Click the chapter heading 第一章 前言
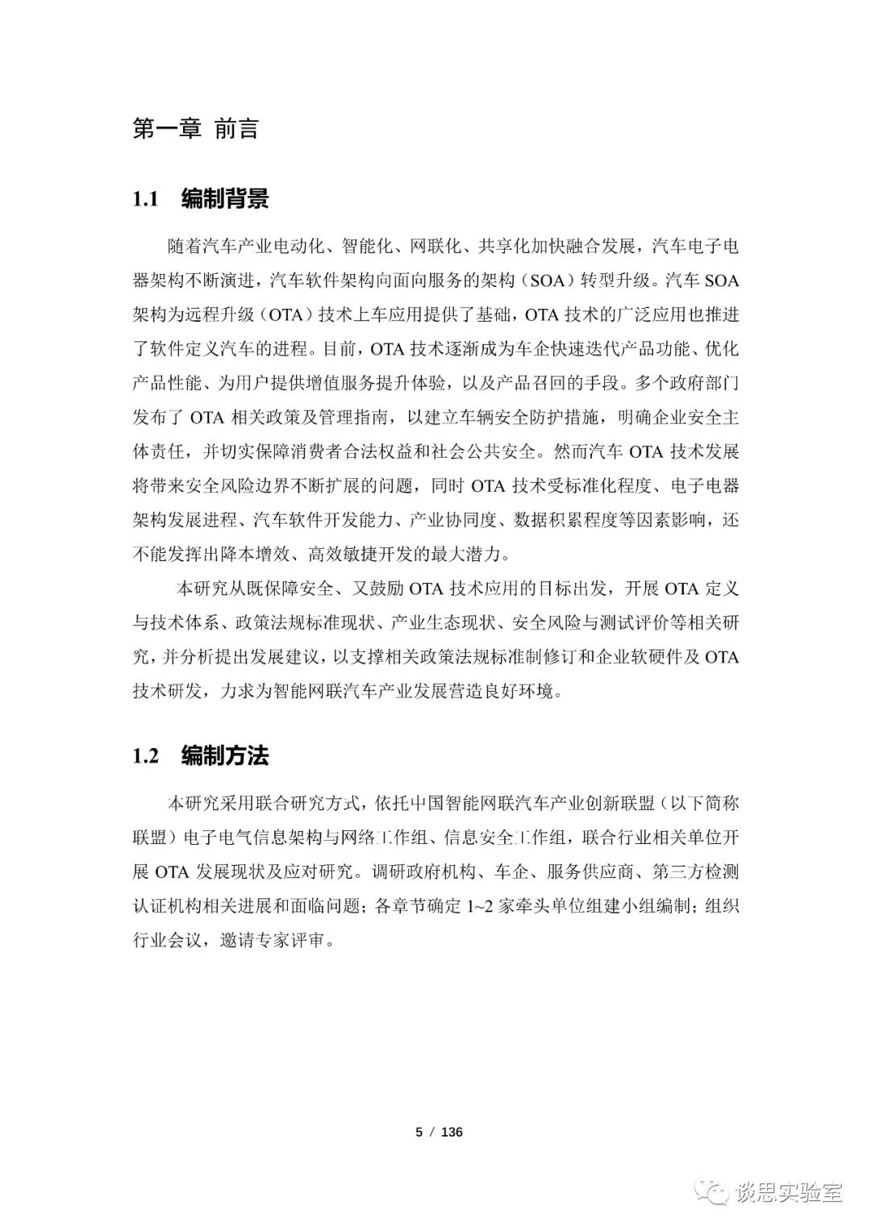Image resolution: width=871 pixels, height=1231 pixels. (195, 129)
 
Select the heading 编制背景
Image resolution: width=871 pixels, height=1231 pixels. (225, 199)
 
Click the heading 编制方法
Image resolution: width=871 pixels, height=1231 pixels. (225, 755)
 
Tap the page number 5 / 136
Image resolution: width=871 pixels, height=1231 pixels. (439, 1131)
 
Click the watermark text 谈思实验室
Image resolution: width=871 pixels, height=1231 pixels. (788, 1192)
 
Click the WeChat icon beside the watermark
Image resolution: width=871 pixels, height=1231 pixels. (715, 1192)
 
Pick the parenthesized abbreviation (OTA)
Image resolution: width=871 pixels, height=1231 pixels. (284, 314)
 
